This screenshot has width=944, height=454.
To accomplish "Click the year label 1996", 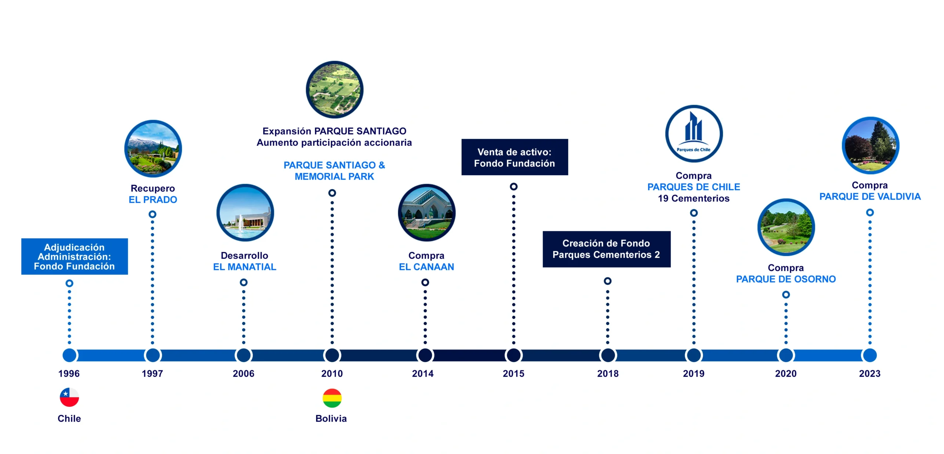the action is coord(69,374).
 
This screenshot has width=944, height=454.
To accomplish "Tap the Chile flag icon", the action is coord(69,397).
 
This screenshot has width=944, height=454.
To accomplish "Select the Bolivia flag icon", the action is coord(332,398).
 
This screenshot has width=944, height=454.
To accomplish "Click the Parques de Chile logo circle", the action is coord(694,134).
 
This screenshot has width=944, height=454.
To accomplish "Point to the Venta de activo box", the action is coord(515,157).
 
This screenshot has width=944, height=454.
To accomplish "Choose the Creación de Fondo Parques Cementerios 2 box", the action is coord(607,249).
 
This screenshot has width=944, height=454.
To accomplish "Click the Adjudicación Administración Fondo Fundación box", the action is coord(74,257).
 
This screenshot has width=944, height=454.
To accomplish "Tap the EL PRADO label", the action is coord(153,200).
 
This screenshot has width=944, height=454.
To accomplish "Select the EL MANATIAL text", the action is coord(244,267).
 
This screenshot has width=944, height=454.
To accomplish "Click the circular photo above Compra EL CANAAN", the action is coord(427,213).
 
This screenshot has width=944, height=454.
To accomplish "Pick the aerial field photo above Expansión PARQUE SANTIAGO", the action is coord(334,90).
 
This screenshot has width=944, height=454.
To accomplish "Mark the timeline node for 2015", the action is coord(514,355).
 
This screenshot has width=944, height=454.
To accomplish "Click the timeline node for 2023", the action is coord(870,355).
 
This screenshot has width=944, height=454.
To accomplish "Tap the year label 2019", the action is coord(694,374).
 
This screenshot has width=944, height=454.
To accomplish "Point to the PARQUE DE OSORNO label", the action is coord(786,279).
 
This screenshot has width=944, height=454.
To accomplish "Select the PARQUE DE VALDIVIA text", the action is coord(870,197).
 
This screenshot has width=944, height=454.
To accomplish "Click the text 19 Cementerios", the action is coord(694,198).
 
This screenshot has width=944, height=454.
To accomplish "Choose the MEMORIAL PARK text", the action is coord(334,177).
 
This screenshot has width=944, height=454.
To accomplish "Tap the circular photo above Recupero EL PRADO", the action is coord(153,149).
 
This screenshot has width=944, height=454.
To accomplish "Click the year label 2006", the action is coord(243,374).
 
